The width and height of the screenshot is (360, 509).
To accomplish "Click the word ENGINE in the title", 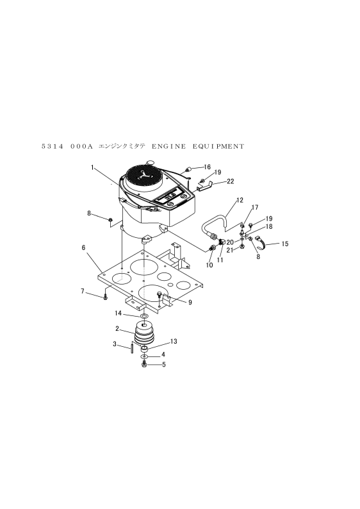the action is (x=169, y=146).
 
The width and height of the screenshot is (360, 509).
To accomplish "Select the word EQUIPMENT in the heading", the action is (x=218, y=146).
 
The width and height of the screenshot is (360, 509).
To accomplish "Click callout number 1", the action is (x=92, y=167).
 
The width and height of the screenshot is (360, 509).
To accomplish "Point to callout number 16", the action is (x=207, y=167).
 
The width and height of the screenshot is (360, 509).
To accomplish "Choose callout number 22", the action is (x=230, y=181).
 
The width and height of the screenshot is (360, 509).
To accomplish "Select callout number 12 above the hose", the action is (x=240, y=200).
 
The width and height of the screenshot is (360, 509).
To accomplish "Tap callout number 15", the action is (x=284, y=244).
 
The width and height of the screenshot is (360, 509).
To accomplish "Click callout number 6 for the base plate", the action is (x=84, y=247).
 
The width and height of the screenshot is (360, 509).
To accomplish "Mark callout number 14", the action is (x=118, y=313).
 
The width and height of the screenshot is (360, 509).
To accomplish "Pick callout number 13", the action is (x=174, y=342).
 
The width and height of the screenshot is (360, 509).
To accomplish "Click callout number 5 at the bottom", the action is (x=164, y=365).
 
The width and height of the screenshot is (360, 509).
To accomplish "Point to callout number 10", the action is (x=209, y=265).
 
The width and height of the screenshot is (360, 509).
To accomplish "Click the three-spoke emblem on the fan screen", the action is (x=144, y=176).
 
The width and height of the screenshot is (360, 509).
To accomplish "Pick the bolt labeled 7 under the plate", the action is (x=105, y=297).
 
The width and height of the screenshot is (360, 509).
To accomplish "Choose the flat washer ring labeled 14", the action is (x=144, y=316).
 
